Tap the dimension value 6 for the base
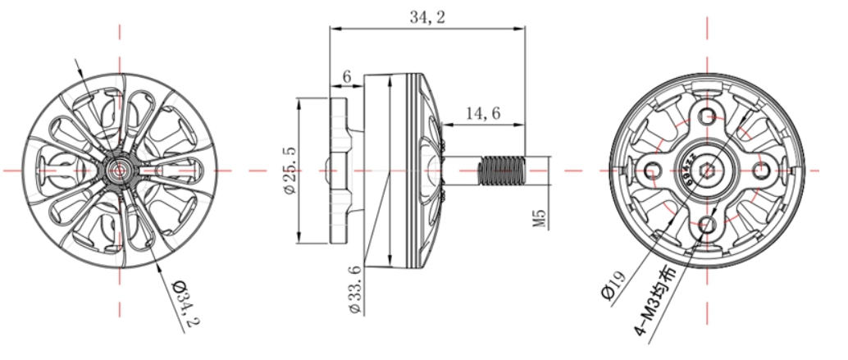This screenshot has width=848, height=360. tap(346, 76)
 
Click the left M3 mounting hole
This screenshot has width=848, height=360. tap(654, 170)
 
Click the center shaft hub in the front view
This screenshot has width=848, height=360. tap(121, 170)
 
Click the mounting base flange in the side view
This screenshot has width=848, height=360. tap(339, 171)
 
